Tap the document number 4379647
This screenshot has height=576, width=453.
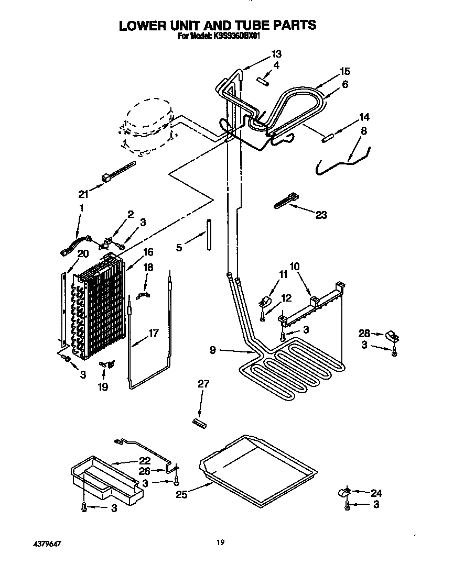(x=44, y=544)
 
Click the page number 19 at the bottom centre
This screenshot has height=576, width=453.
(x=221, y=542)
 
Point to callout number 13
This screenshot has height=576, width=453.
(x=276, y=53)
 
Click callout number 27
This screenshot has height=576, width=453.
(x=203, y=384)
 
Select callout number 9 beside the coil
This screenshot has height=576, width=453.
(x=212, y=351)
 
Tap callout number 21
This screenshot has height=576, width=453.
(x=83, y=194)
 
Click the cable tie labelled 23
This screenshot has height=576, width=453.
(x=285, y=202)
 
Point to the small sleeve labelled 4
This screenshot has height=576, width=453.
(x=263, y=81)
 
